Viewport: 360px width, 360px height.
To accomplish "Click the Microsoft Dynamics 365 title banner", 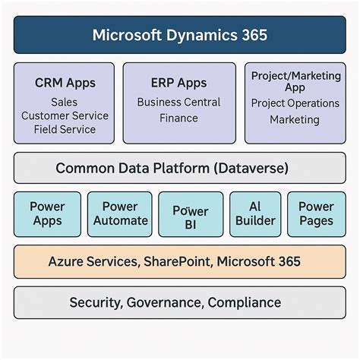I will coord(179,35).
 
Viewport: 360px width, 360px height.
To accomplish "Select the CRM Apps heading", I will coord(65,82).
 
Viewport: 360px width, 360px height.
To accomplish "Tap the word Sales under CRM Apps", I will coord(65,102).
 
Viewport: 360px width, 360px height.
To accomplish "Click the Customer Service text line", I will coord(65,115).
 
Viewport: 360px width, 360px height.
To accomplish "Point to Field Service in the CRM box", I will coord(65,129).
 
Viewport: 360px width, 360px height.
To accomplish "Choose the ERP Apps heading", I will coord(179,82).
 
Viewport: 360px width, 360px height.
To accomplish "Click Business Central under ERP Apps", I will coord(179,102).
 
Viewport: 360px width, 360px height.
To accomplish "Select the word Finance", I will coord(179,118).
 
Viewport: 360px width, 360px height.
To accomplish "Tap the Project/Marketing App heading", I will coord(295,81).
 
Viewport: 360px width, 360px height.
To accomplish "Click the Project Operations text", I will coord(295,103).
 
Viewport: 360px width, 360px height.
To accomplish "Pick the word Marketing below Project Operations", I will coord(295,119).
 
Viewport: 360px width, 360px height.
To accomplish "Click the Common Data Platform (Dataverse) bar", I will coord(179,168).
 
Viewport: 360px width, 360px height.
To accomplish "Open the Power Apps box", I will coord(47,213).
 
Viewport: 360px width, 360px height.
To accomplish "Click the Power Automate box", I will coord(120,213).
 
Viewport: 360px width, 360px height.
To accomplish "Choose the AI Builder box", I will coord(254,213).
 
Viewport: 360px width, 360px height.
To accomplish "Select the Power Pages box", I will coord(316,213).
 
